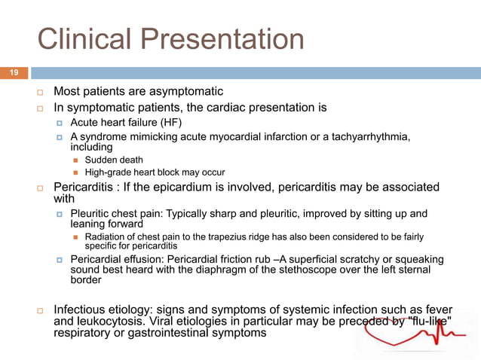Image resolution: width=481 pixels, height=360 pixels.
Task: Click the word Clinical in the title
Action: tap(78, 39)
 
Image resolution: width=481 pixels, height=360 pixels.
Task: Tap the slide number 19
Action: tap(14, 73)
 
